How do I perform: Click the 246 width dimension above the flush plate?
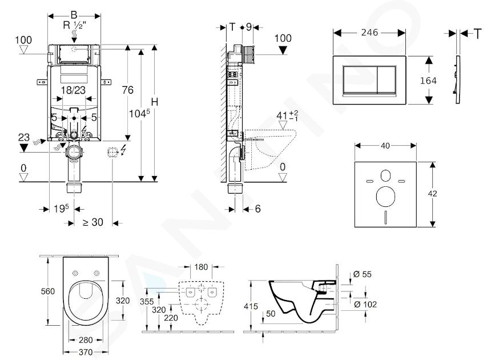pos(369,33)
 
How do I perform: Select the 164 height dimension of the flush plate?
pos(428,81)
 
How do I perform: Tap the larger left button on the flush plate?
pos(360,79)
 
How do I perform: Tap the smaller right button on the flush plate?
pos(386,79)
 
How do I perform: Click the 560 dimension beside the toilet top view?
pos(48,291)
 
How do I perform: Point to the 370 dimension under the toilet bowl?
pos(86,352)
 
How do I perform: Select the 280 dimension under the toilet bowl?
pos(86,340)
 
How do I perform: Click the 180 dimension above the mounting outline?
pos(201,267)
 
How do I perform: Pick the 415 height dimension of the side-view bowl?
pos(251,306)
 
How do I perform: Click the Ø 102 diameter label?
pos(365,304)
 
